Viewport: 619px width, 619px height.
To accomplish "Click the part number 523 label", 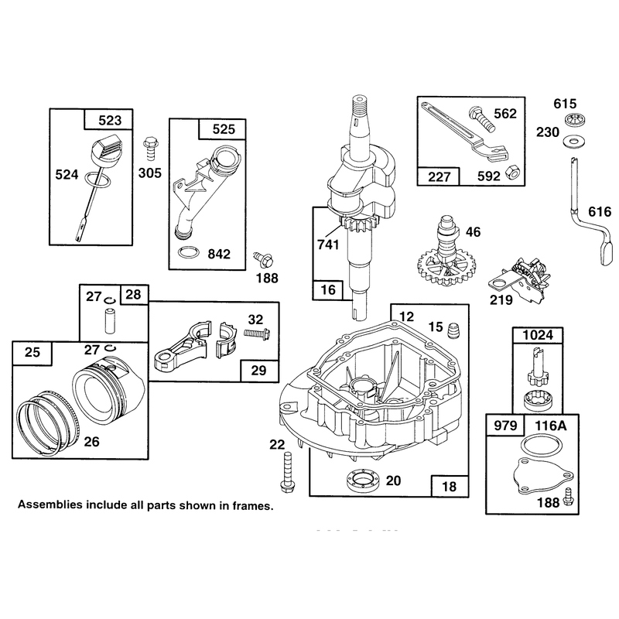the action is (x=110, y=120).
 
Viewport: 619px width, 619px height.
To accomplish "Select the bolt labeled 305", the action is (x=150, y=149).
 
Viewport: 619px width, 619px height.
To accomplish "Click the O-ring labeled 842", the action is (x=187, y=253).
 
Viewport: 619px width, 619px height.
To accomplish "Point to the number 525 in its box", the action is (x=224, y=129).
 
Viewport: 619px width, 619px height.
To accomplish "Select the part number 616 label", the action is (x=600, y=212).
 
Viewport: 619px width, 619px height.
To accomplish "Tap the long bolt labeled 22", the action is (x=287, y=473).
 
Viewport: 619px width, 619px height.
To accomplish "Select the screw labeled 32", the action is (x=257, y=333).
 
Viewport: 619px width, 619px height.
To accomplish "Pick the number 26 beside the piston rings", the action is (x=91, y=441).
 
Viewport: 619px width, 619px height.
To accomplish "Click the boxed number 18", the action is (x=450, y=487).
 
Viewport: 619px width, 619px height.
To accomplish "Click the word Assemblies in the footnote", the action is (x=50, y=504).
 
